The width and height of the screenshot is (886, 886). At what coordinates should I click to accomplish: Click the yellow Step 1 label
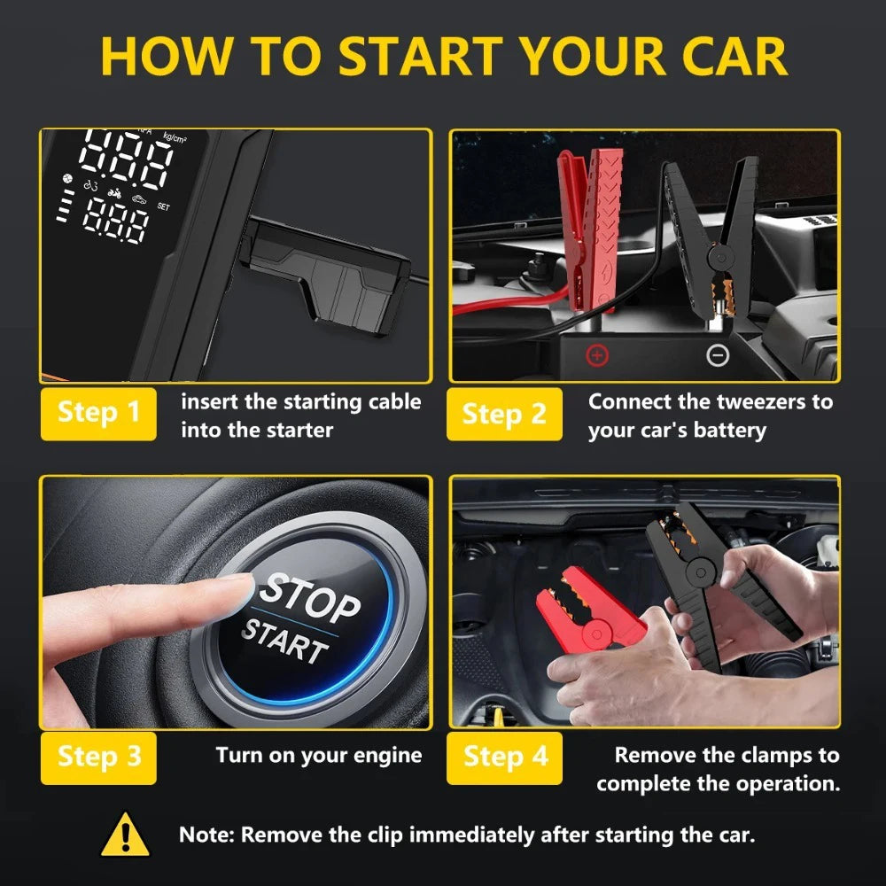click(98, 413)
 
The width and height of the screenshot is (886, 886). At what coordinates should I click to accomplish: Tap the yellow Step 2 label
click(504, 413)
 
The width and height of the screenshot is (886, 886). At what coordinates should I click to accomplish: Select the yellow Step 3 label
click(98, 757)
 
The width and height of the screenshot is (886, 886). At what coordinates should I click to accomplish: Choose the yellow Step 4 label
click(504, 757)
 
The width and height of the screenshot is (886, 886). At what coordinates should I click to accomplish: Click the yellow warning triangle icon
click(124, 835)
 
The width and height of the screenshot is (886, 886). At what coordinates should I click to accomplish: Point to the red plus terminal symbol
click(598, 356)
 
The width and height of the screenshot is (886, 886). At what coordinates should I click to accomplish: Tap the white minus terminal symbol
click(718, 356)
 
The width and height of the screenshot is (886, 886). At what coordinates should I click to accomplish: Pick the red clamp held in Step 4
click(589, 611)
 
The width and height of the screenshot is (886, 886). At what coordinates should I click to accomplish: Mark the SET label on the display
click(162, 206)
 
